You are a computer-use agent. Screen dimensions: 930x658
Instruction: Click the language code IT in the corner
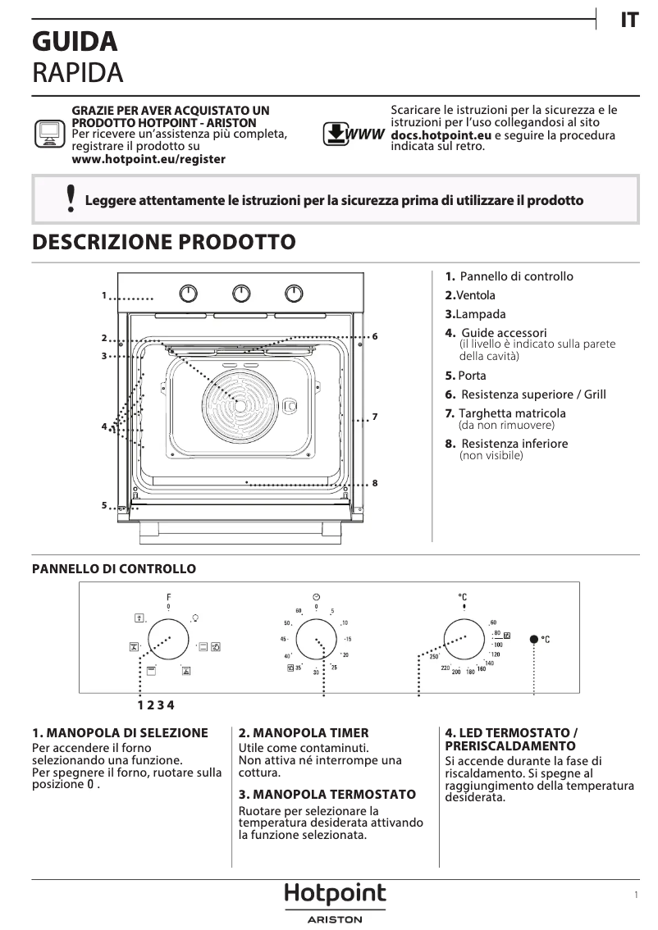click(x=628, y=21)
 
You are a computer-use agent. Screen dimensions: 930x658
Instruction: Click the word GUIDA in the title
click(x=75, y=41)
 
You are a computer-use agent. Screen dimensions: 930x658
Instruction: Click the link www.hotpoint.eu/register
click(x=149, y=159)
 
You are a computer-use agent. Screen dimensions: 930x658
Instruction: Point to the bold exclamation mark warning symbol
click(x=71, y=199)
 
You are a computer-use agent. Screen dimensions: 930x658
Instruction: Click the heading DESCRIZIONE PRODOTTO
click(x=163, y=242)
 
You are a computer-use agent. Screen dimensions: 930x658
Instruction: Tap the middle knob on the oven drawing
click(x=241, y=294)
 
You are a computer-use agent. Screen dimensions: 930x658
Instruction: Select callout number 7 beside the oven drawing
click(x=374, y=417)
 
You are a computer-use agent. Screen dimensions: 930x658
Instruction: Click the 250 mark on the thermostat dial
click(x=434, y=657)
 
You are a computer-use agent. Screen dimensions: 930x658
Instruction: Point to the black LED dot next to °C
click(x=535, y=638)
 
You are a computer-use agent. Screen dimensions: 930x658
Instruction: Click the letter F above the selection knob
click(x=168, y=596)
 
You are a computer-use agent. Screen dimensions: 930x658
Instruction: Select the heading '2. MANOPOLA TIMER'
click(x=304, y=732)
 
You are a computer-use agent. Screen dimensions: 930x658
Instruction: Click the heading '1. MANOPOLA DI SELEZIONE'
click(x=120, y=732)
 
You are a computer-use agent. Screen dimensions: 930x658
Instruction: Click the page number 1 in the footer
click(x=636, y=896)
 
